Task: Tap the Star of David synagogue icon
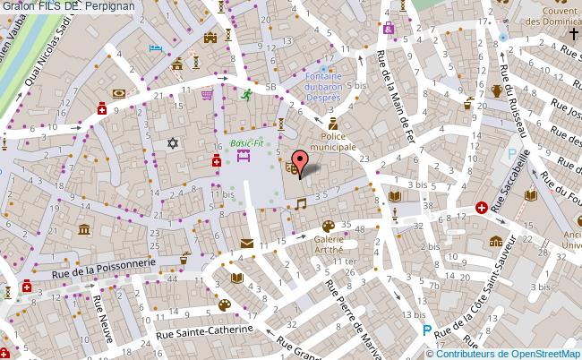(x=174, y=142)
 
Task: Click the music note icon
(x=300, y=204)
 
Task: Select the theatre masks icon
(x=290, y=166)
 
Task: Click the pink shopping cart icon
(x=208, y=92)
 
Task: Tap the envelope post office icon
(x=246, y=243)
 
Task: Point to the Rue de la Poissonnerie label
(x=106, y=261)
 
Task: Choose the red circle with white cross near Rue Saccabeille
(x=483, y=207)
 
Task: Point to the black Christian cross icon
(x=573, y=34)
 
